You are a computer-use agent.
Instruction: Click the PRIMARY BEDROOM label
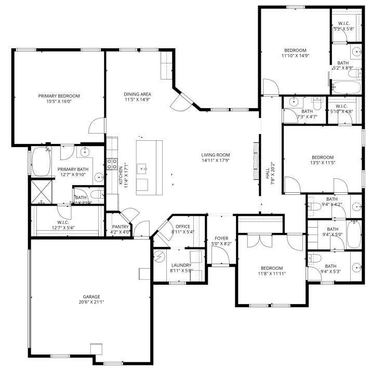coord(59,96)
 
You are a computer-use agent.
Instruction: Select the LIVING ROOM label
coord(216,155)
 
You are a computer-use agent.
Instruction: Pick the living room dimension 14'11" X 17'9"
coord(216,161)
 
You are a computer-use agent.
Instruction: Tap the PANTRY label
coord(120,227)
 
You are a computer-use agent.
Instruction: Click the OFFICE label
coord(182,227)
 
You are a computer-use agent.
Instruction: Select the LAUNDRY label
coord(181,265)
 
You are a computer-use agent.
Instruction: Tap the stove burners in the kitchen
coord(112,164)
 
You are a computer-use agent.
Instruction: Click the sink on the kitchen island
coord(142,168)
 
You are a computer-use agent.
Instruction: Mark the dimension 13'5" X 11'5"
coord(323,163)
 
